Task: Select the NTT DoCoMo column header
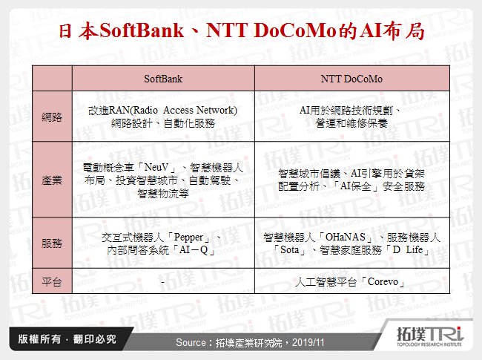[352, 78]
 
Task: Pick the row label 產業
[52, 180]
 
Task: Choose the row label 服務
[52, 244]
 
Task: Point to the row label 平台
[52, 282]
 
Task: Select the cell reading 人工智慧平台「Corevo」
[352, 283]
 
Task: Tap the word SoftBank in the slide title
[139, 32]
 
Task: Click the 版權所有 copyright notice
[39, 340]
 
